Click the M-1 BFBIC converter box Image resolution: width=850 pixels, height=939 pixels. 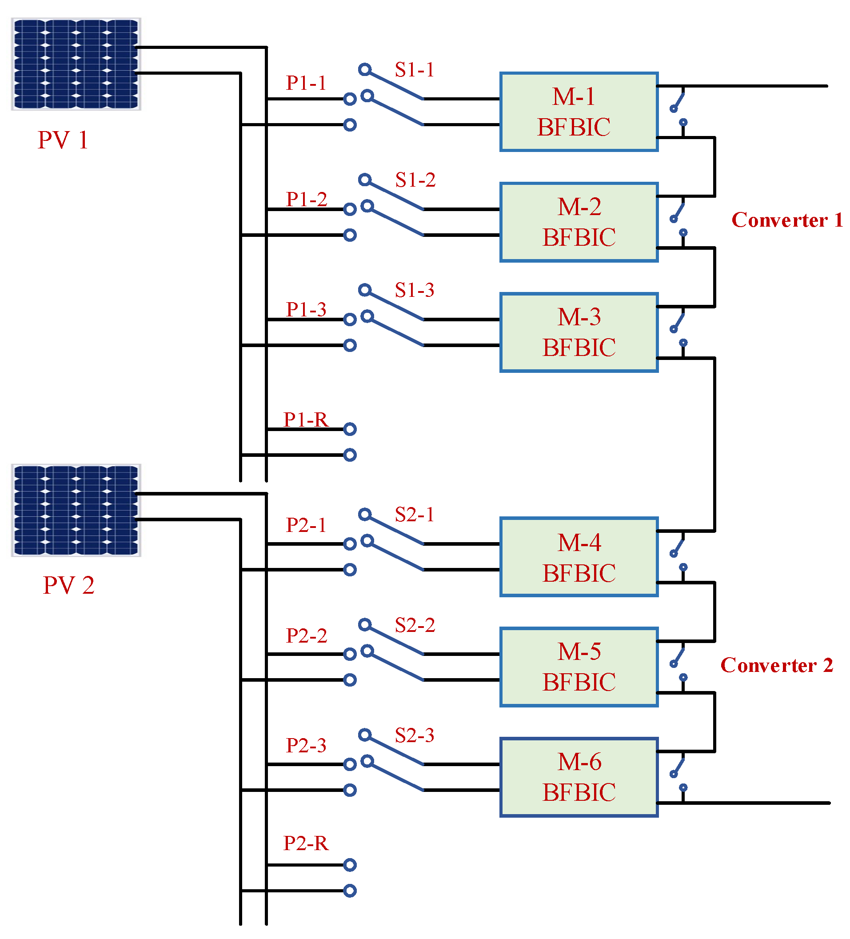click(578, 112)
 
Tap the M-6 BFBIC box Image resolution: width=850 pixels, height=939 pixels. click(578, 777)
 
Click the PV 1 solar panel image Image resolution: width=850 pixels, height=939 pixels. click(76, 64)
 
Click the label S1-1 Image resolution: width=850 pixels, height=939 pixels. click(414, 70)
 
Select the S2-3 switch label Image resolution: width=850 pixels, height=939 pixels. click(414, 735)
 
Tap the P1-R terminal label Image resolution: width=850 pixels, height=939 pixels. click(306, 419)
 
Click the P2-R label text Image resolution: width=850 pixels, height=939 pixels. click(306, 843)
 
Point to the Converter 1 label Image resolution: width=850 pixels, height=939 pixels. click(786, 220)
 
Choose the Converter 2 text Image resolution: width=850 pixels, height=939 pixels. click(776, 665)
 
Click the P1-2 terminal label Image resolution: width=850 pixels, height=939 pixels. click(306, 199)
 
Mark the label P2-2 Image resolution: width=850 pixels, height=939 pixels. click(306, 635)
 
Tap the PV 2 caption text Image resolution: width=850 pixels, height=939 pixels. click(68, 585)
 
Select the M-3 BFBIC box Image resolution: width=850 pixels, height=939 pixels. click(578, 332)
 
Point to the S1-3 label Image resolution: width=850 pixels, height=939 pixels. click(414, 290)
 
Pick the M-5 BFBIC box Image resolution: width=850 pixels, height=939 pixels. click(578, 667)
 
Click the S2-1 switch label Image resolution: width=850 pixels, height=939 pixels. click(414, 515)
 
